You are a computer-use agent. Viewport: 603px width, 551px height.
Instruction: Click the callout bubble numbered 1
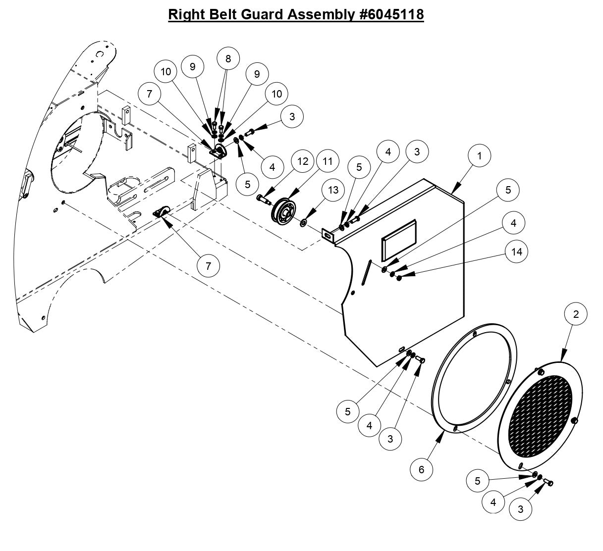[x=479, y=156]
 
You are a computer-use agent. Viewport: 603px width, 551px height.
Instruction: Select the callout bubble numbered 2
[x=576, y=314]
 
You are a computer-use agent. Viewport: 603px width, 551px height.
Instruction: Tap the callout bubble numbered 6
[x=422, y=469]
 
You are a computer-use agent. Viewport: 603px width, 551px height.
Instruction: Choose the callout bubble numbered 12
[x=303, y=161]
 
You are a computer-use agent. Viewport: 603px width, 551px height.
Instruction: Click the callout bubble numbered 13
[x=333, y=190]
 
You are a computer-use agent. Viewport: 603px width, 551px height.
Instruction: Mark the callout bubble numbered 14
[x=516, y=251]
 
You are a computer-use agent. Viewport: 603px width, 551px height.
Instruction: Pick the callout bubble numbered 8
[x=228, y=58]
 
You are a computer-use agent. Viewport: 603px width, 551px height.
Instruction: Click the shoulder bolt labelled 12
[x=263, y=199]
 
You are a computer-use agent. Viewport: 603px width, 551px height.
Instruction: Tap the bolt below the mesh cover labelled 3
[x=548, y=482]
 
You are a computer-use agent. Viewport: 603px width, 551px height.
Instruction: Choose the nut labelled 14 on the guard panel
[x=399, y=275]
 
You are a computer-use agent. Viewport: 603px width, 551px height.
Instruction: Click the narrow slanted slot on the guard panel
[x=367, y=272]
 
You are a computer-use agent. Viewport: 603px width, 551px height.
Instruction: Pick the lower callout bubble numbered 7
[x=208, y=266]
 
